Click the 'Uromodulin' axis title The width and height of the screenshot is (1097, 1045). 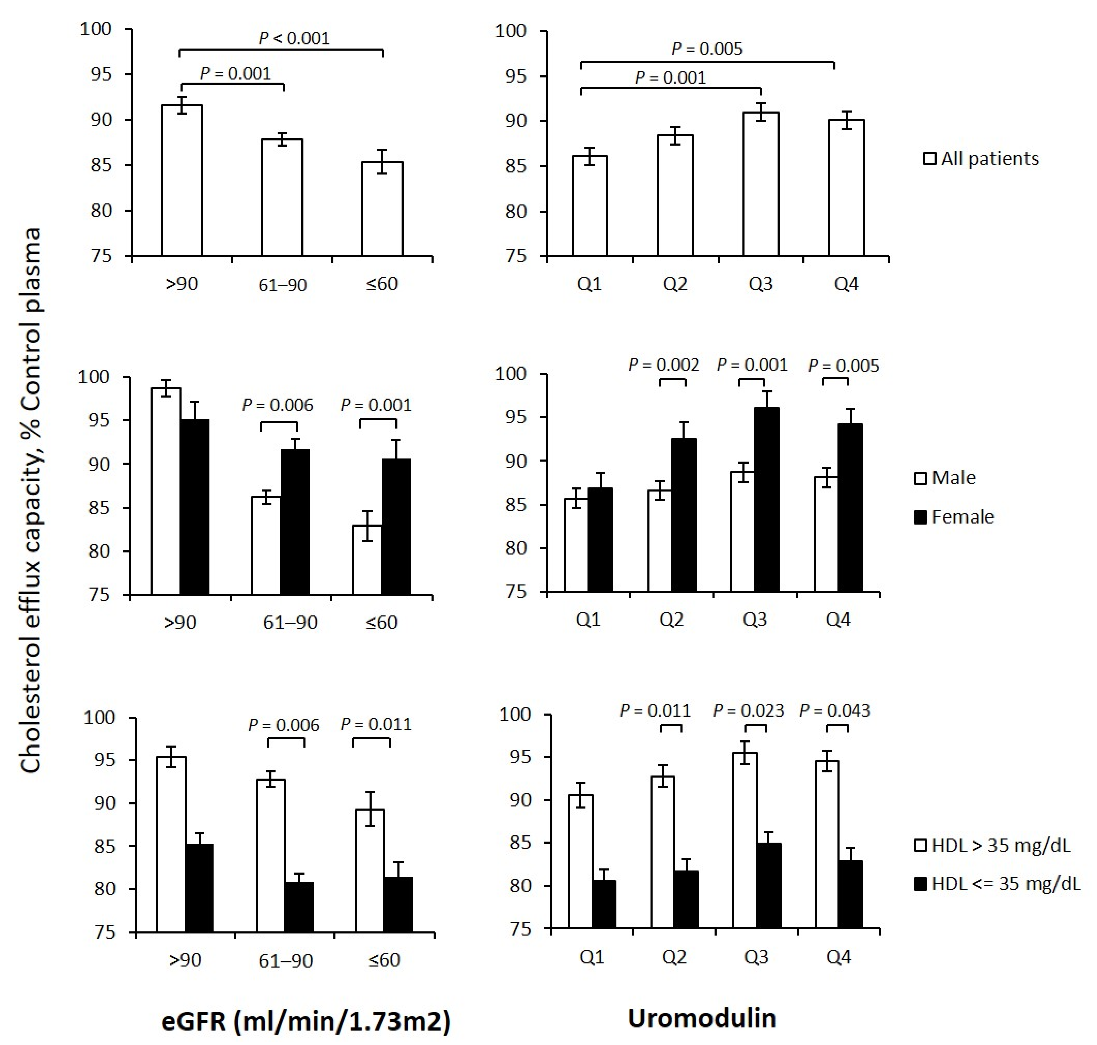[701, 1018]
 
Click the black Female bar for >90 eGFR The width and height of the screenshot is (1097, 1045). [194, 507]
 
